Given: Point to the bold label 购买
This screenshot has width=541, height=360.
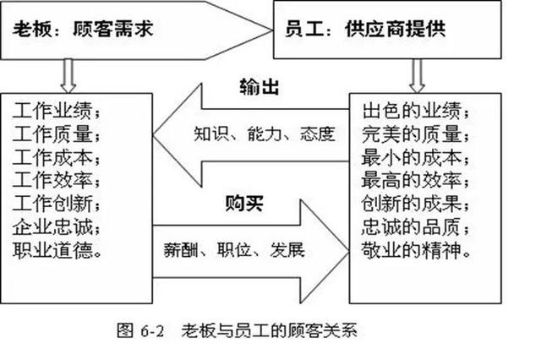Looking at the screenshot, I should tap(241, 204).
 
